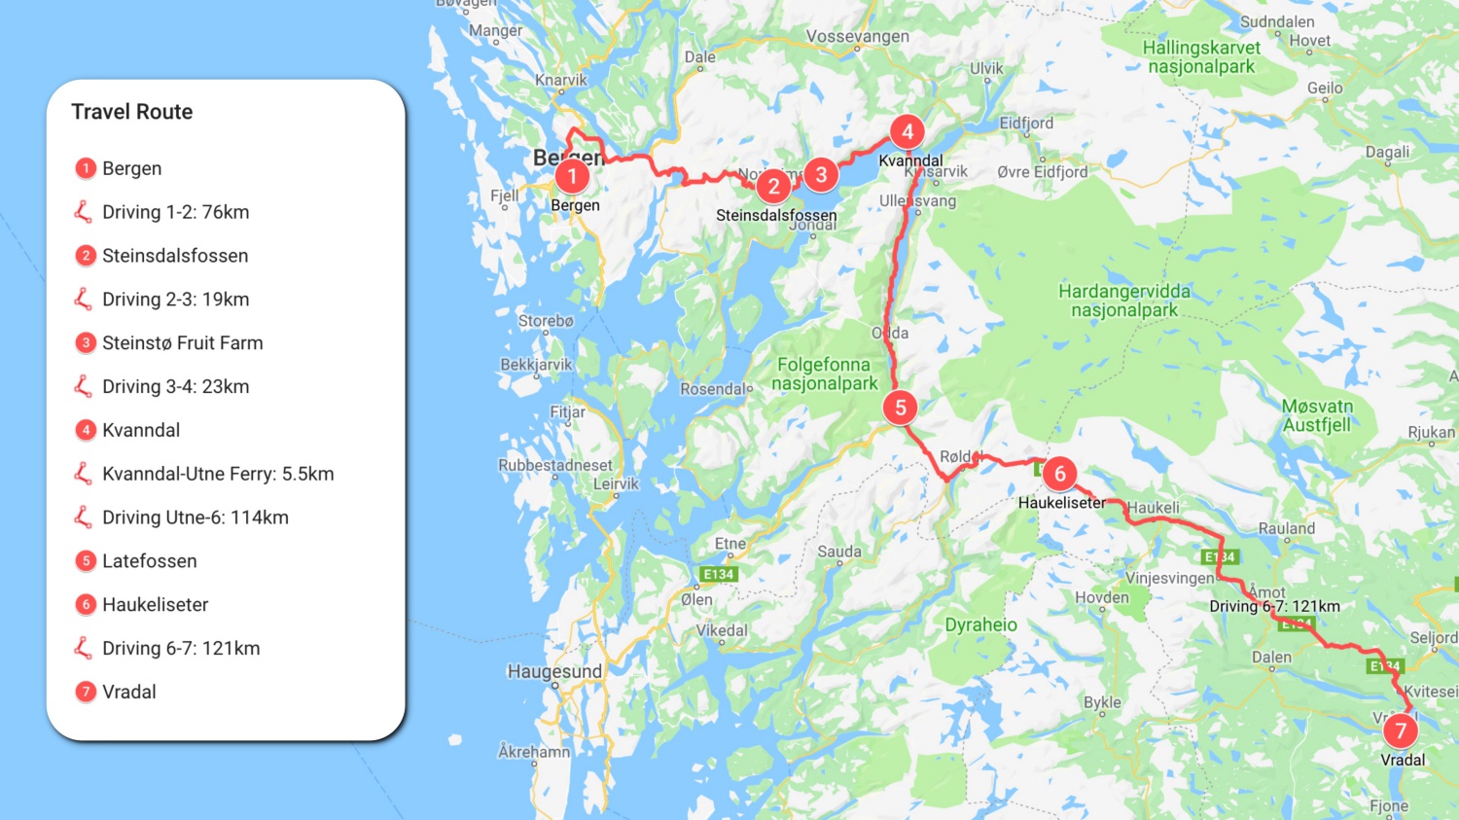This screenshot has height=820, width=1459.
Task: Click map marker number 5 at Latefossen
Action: pyautogui.click(x=901, y=408)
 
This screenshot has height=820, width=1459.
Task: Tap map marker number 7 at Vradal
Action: pyautogui.click(x=1401, y=730)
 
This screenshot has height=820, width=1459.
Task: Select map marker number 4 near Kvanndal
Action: pyautogui.click(x=907, y=131)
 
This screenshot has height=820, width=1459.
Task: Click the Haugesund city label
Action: pyautogui.click(x=554, y=671)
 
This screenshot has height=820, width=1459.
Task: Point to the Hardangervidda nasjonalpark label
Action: pyautogui.click(x=1124, y=301)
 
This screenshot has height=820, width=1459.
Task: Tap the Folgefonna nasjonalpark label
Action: pyautogui.click(x=824, y=374)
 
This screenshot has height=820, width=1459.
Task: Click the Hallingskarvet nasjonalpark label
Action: pyautogui.click(x=1201, y=57)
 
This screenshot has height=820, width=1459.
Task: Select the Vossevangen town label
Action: pyautogui.click(x=857, y=37)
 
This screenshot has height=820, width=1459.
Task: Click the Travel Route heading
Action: pyautogui.click(x=132, y=112)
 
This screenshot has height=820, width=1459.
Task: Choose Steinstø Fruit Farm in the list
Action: pyautogui.click(x=183, y=342)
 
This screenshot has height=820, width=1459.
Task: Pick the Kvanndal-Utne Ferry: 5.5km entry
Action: pyautogui.click(x=218, y=474)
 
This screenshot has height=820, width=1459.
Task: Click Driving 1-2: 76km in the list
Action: pyautogui.click(x=176, y=212)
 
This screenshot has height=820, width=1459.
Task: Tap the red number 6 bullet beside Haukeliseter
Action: pyautogui.click(x=86, y=605)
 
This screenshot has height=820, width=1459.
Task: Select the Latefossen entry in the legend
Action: pyautogui.click(x=150, y=561)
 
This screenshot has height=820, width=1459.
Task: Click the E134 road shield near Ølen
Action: pyautogui.click(x=719, y=574)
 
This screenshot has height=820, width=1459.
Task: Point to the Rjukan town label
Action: pyautogui.click(x=1431, y=432)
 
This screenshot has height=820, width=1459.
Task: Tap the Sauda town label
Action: pyautogui.click(x=839, y=552)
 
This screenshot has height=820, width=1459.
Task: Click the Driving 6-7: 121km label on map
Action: pyautogui.click(x=1274, y=606)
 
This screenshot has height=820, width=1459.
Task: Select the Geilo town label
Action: pyautogui.click(x=1325, y=88)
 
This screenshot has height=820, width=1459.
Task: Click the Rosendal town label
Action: pyautogui.click(x=714, y=389)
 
